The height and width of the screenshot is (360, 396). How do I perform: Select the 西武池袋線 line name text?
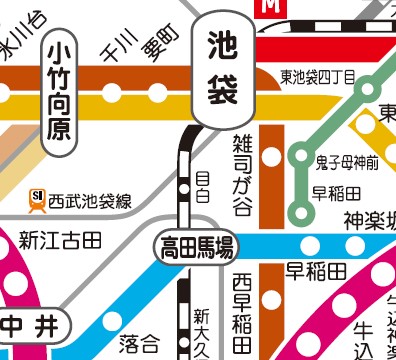click(89, 201)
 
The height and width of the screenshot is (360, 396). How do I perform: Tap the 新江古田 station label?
click(60, 240)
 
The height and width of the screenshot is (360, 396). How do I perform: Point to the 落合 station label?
click(138, 345)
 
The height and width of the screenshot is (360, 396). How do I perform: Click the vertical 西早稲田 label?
click(242, 311)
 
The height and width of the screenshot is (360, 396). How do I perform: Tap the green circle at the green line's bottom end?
click(299, 211)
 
